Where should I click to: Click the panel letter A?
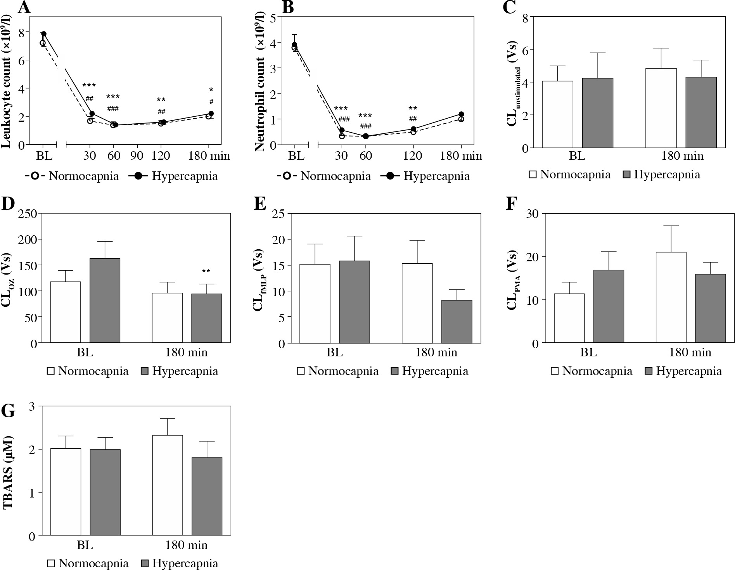click(x=24, y=7)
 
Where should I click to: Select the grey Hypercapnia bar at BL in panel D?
click(x=105, y=300)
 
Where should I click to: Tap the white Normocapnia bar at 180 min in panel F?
click(x=671, y=297)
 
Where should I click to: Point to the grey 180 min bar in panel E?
click(x=457, y=321)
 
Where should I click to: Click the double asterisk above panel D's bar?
click(x=206, y=271)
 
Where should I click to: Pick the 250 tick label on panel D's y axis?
click(x=27, y=214)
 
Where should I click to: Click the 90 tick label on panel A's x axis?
click(x=137, y=156)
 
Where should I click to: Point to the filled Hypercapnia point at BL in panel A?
click(x=44, y=34)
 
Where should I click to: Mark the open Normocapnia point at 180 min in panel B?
click(x=461, y=119)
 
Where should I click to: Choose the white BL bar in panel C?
click(x=557, y=114)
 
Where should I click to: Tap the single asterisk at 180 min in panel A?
click(x=211, y=90)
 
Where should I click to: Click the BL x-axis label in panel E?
click(x=335, y=352)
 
